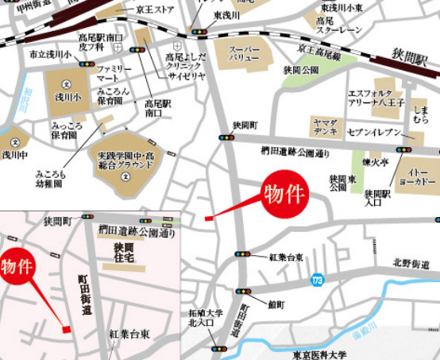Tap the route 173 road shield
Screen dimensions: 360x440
[318, 281]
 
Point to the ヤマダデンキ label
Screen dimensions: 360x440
[324, 126]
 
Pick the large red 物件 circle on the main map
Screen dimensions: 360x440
[287, 194]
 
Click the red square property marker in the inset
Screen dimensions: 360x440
[67, 329]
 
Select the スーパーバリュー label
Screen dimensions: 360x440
[244, 53]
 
